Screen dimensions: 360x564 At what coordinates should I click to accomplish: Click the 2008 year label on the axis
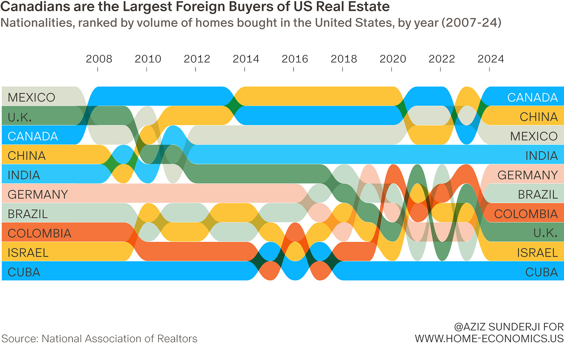point(99,59)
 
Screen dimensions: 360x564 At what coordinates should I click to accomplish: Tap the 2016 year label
point(295,59)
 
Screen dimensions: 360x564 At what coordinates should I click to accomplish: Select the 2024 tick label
point(491,59)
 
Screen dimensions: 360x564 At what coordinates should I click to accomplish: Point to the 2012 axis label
point(197,59)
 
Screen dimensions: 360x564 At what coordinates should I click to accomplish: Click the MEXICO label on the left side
point(31,98)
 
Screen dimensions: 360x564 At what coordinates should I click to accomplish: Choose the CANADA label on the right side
point(532,98)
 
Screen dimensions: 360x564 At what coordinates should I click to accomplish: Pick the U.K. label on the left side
point(20,117)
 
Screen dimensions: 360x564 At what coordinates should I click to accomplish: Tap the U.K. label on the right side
point(545,233)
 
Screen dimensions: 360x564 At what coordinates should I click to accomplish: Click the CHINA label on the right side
point(538,117)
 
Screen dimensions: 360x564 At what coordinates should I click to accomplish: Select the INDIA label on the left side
point(24,175)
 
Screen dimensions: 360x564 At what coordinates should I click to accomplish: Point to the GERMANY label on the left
point(38,194)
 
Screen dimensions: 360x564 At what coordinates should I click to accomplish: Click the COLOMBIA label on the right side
point(526,214)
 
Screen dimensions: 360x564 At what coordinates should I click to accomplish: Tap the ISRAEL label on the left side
point(28,253)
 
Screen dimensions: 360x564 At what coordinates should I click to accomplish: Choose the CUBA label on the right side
point(541,272)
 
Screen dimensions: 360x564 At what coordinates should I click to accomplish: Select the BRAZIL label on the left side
point(28,214)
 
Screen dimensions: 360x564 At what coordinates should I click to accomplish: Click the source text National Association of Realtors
point(119,339)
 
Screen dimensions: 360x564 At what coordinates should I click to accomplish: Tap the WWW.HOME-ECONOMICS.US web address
point(489,339)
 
